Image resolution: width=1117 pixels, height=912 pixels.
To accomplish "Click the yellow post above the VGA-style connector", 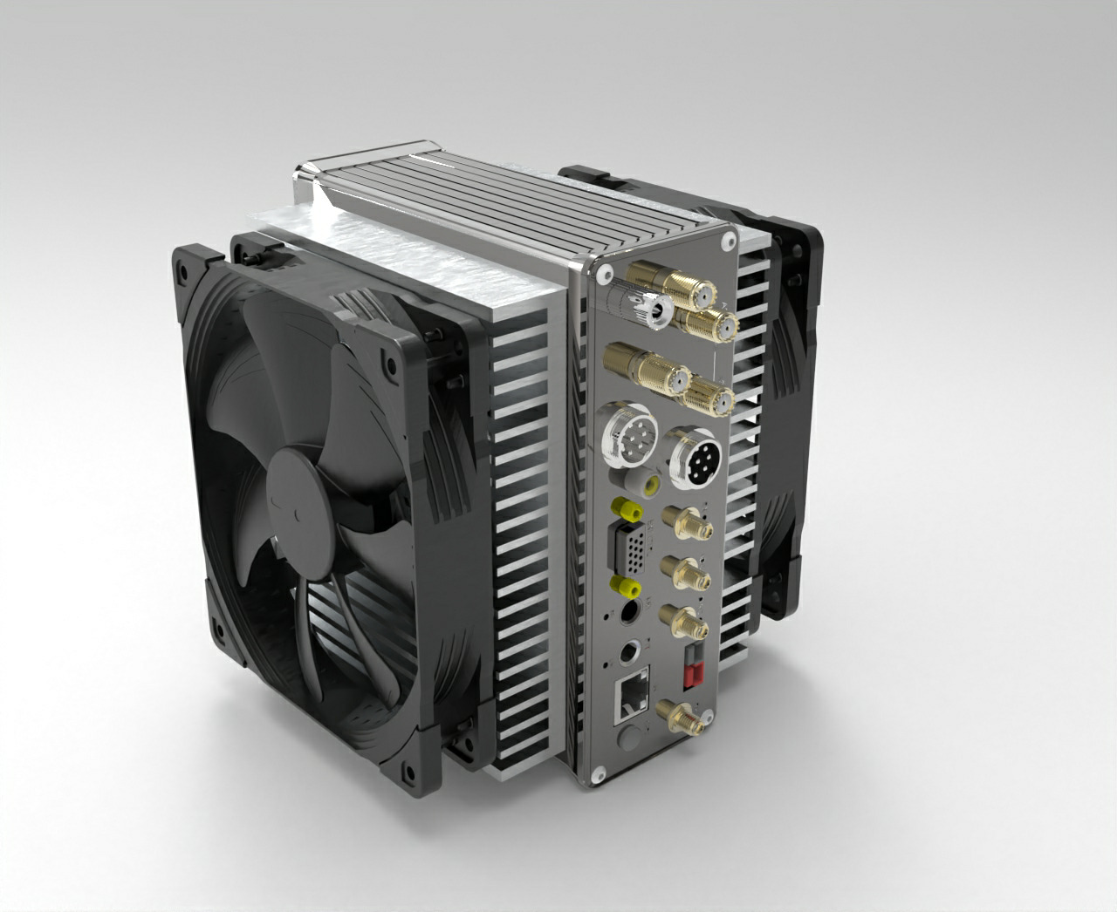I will click(623, 508).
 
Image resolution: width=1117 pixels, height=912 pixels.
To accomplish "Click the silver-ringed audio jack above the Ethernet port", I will click(629, 650).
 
